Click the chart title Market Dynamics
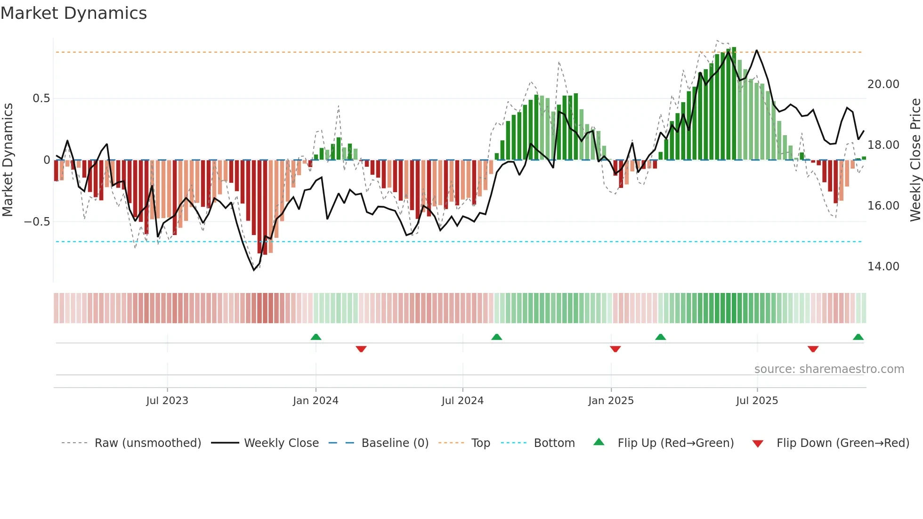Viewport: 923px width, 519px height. click(73, 13)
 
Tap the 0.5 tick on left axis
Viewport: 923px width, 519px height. click(41, 98)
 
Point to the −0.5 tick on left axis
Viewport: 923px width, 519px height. click(37, 222)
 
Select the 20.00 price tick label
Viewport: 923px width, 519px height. click(883, 84)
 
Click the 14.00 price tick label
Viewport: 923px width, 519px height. click(883, 267)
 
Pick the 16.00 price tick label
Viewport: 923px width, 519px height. click(883, 206)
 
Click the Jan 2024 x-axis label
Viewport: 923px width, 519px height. click(316, 401)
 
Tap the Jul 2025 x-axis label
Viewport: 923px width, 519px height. click(757, 401)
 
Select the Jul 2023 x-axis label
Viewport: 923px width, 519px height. click(167, 401)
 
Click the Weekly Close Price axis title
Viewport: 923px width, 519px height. click(915, 160)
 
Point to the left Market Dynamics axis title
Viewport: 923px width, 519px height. click(8, 160)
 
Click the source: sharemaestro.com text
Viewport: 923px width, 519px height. click(829, 369)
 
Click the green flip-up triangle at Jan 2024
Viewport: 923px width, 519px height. click(316, 337)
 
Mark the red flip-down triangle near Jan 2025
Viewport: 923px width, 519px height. click(615, 349)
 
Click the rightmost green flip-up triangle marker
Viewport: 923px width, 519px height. click(858, 337)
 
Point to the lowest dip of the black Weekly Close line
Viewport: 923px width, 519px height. click(254, 270)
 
